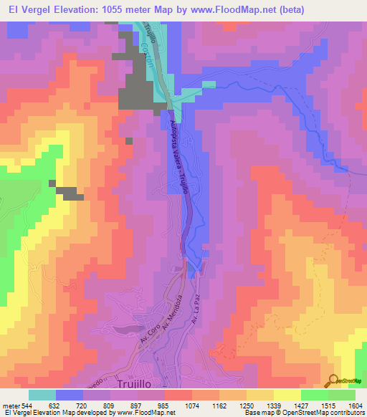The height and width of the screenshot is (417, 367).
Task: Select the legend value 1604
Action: coord(356,404)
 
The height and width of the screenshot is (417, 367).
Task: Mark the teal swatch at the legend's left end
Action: coord(42,395)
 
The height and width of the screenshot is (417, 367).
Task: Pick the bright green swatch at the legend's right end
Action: coord(342,395)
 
